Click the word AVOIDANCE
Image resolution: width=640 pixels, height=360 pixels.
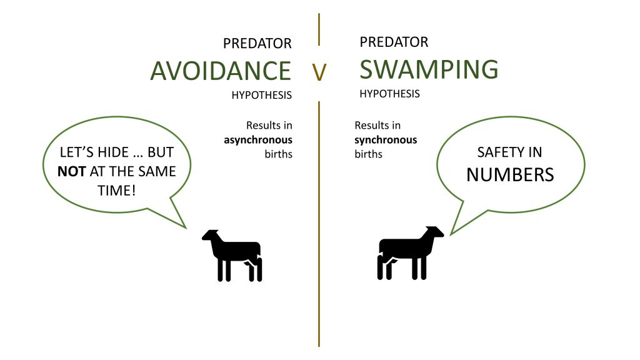pos(221,71)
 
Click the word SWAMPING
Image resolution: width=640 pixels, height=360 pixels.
pos(429,69)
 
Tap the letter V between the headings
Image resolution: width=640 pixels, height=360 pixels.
pos(319,72)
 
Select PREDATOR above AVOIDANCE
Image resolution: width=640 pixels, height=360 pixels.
pos(257,43)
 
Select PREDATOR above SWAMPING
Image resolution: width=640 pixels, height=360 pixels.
pos(394,42)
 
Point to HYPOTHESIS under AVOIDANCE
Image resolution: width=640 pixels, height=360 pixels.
pos(262,95)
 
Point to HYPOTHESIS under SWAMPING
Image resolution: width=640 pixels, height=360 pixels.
pos(390,94)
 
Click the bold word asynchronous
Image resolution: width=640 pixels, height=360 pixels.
pos(258,140)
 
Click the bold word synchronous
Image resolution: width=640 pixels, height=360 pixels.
pos(386,140)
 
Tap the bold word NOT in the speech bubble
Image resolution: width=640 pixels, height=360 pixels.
pos(71,171)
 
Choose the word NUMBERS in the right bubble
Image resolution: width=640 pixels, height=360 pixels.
pos(510,175)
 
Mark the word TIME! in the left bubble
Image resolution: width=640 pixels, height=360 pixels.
pos(116,191)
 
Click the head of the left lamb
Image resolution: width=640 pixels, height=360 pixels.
pos(212,237)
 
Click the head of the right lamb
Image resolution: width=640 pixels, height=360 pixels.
pos(434,233)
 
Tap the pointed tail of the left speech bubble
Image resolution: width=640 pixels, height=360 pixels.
pos(186,227)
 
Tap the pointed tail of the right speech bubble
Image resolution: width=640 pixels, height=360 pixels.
pos(451,235)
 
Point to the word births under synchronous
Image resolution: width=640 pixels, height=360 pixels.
pos(368,154)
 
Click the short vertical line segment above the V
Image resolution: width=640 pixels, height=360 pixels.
pos(319,29)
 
